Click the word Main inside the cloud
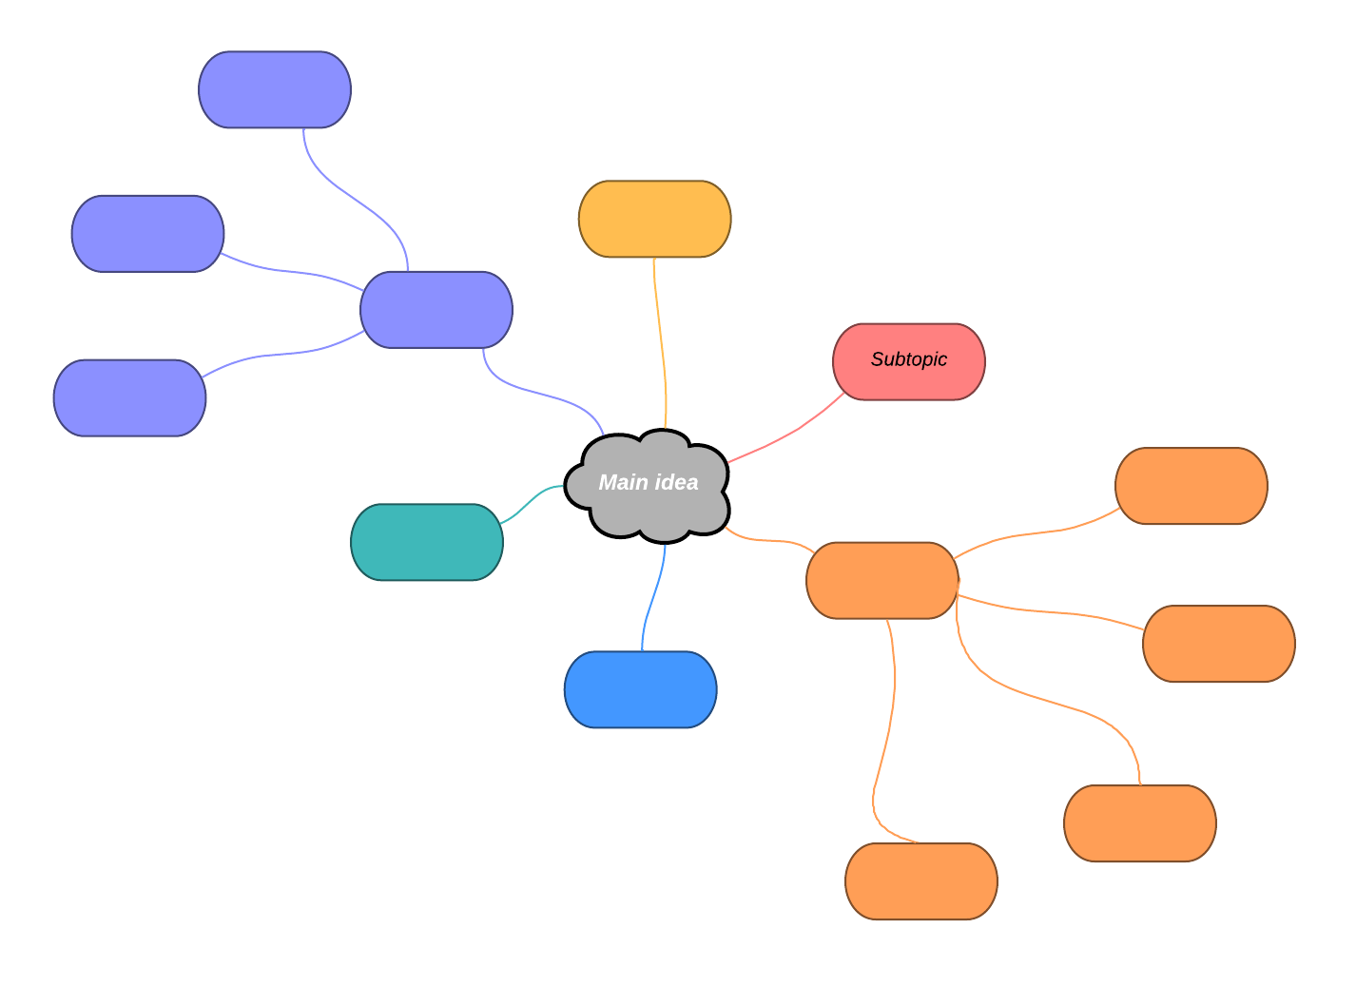pyautogui.click(x=622, y=483)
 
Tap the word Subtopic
pyautogui.click(x=908, y=359)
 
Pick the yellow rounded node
pyautogui.click(x=654, y=219)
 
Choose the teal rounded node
pyautogui.click(x=426, y=542)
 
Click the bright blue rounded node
pyautogui.click(x=640, y=689)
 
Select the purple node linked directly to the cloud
pyautogui.click(x=436, y=310)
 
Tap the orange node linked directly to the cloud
pyautogui.click(x=881, y=580)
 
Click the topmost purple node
pyautogui.click(x=275, y=89)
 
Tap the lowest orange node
pyautogui.click(x=920, y=880)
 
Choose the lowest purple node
pyautogui.click(x=129, y=397)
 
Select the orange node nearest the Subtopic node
pyautogui.click(x=1191, y=486)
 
